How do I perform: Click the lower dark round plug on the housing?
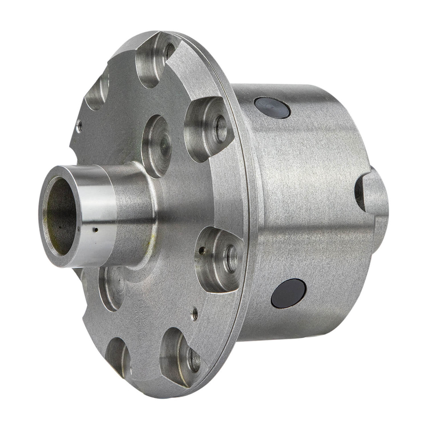tap(289, 293)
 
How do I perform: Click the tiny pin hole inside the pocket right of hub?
tap(201, 249)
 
